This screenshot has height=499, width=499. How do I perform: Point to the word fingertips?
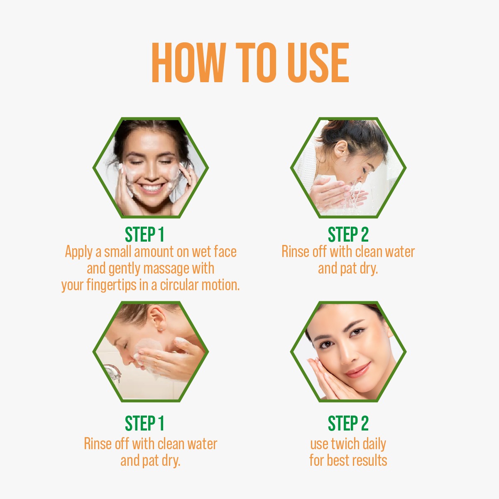111,285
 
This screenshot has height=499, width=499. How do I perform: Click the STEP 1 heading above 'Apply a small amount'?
144,235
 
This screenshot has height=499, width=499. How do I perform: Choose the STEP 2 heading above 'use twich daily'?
348,423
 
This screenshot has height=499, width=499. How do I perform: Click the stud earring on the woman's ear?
161,330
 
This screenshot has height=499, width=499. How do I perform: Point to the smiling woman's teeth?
152,187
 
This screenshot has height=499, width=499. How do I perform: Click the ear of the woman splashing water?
341,149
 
